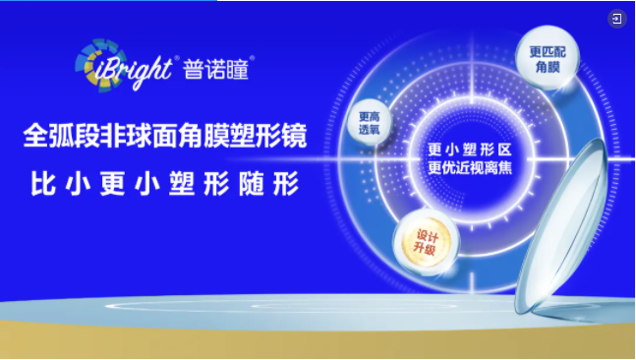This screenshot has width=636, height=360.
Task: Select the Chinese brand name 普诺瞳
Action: (x=217, y=68)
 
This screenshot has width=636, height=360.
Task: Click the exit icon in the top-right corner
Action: (x=616, y=19)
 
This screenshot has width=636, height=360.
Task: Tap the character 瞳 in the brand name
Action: (x=242, y=68)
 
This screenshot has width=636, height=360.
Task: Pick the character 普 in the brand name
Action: (x=193, y=68)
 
